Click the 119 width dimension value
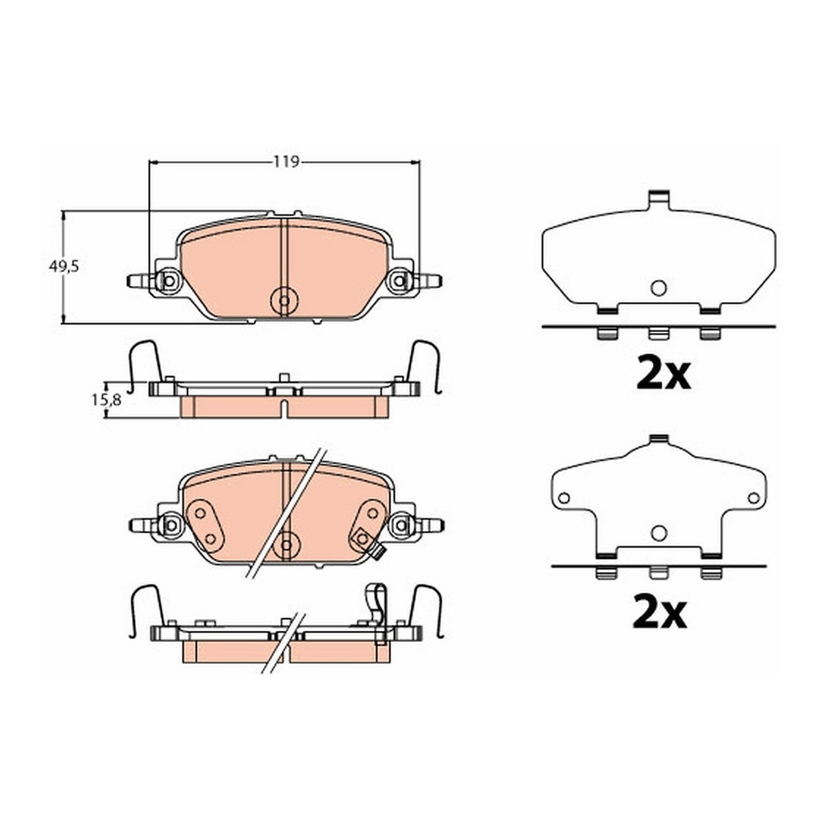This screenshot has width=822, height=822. [x=286, y=162]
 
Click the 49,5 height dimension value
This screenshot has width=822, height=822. [x=64, y=267]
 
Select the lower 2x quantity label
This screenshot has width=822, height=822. [x=660, y=612]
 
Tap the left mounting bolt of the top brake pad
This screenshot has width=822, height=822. [x=169, y=281]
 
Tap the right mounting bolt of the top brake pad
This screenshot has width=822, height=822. [x=399, y=281]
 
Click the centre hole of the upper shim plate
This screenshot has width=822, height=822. [x=658, y=288]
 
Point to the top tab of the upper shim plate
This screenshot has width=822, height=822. [x=658, y=199]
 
